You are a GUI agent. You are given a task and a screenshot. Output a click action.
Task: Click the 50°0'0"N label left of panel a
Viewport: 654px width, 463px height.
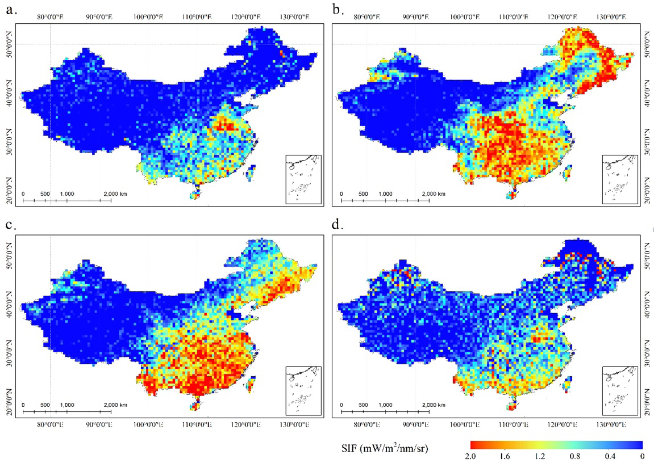[6, 44]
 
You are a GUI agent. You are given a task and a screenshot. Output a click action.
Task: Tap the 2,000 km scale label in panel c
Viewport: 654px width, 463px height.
[115, 405]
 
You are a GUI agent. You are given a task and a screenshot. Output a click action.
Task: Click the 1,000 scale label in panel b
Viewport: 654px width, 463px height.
[385, 194]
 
